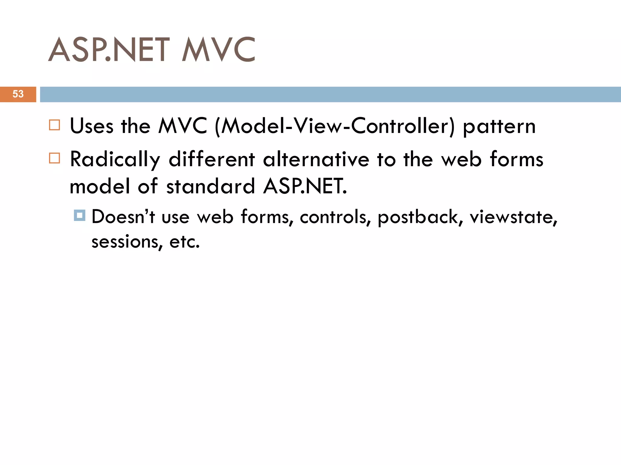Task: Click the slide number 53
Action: pyautogui.click(x=18, y=94)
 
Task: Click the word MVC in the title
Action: pyautogui.click(x=218, y=50)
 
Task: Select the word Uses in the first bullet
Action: pyautogui.click(x=92, y=126)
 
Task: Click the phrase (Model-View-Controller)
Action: pyautogui.click(x=335, y=126)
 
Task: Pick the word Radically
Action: pyautogui.click(x=115, y=160)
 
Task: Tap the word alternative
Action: pyautogui.click(x=316, y=160)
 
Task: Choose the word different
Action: pyautogui.click(x=212, y=160)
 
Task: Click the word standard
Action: pyautogui.click(x=210, y=186)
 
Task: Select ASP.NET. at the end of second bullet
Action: pyautogui.click(x=305, y=186)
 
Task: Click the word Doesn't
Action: pyautogui.click(x=123, y=217)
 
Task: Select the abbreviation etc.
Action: pyautogui.click(x=184, y=242)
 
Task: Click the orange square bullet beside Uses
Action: pyautogui.click(x=55, y=125)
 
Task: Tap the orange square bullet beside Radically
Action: pyautogui.click(x=55, y=158)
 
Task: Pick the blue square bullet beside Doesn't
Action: pyautogui.click(x=80, y=216)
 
